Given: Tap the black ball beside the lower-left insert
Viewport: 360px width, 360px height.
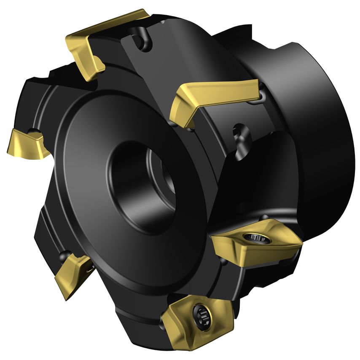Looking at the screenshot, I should pos(64,255).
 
